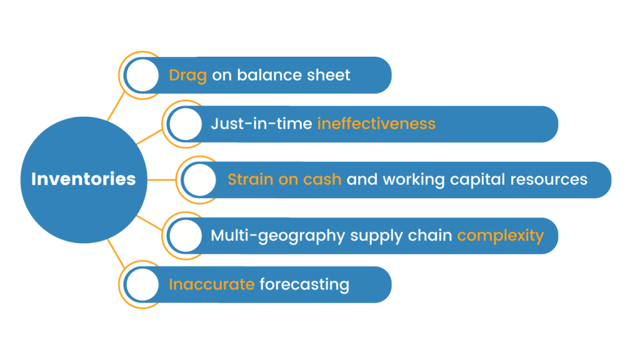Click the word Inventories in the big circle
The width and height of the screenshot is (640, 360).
[x=84, y=179]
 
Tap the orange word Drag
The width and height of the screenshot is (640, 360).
[x=187, y=76]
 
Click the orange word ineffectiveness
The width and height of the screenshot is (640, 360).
[x=376, y=124]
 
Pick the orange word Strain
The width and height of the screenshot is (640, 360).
[x=250, y=179]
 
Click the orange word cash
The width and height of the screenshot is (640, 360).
[x=322, y=179]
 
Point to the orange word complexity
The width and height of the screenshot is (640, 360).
[x=501, y=236]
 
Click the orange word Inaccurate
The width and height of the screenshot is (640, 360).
[x=211, y=284]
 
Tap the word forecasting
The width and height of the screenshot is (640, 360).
[x=304, y=285]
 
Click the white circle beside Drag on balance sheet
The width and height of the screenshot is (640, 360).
[x=142, y=75]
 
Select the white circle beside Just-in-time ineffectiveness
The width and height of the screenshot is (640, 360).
[x=185, y=124]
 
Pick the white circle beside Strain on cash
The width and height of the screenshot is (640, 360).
[x=199, y=179]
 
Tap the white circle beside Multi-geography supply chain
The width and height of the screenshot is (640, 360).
[x=185, y=236]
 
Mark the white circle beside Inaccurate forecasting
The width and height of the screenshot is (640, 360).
[x=142, y=284]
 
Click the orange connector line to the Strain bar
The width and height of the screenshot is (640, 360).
[x=162, y=179]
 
